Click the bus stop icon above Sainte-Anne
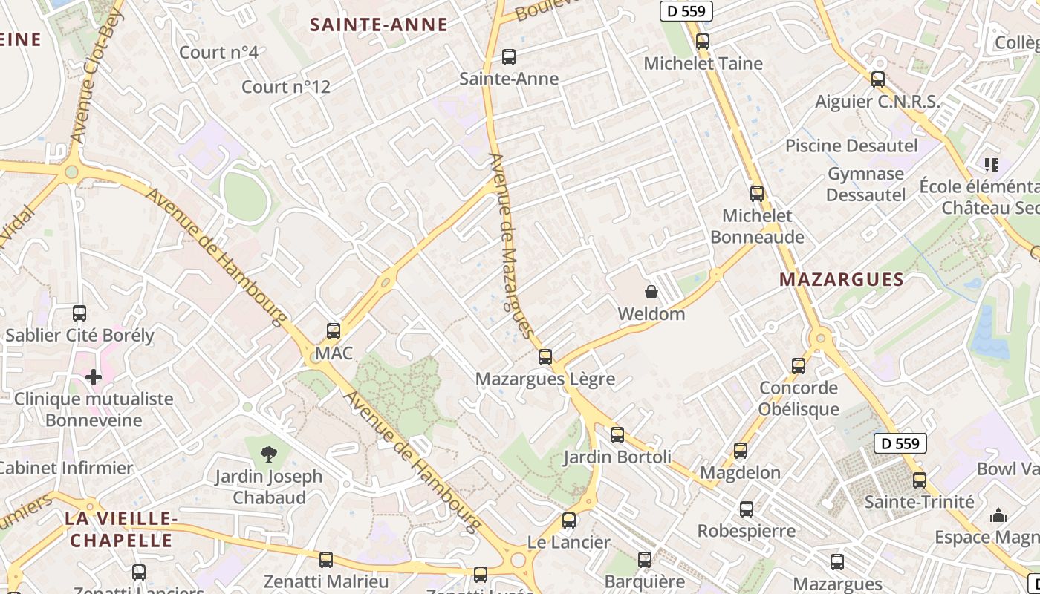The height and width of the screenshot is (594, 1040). click(509, 56)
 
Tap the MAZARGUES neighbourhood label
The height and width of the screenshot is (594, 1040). click(842, 280)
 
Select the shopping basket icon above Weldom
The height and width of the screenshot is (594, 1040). click(651, 292)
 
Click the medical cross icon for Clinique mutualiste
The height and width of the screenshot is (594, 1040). click(94, 377)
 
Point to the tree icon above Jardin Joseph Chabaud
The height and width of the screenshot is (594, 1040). click(269, 454)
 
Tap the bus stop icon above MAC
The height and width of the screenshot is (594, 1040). click(334, 330)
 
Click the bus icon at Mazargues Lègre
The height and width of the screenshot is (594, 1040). click(545, 357)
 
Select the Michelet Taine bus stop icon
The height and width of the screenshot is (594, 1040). click(703, 42)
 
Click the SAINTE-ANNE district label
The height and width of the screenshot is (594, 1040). click(379, 25)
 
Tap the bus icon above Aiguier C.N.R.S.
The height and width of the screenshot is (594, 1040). click(878, 79)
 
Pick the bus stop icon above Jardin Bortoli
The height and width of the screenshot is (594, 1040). click(617, 435)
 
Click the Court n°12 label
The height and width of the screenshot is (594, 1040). click(286, 87)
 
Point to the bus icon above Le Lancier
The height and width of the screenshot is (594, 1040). click(569, 520)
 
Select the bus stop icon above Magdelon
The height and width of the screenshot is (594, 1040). click(741, 451)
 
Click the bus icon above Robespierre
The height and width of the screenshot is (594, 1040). click(747, 509)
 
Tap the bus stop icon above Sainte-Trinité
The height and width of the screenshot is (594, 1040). click(920, 480)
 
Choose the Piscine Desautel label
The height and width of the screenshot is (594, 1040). click(851, 146)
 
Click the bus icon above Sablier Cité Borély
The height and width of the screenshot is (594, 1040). click(79, 313)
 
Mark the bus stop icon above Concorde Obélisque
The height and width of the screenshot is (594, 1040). click(799, 365)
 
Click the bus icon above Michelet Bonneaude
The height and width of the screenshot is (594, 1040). click(757, 194)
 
